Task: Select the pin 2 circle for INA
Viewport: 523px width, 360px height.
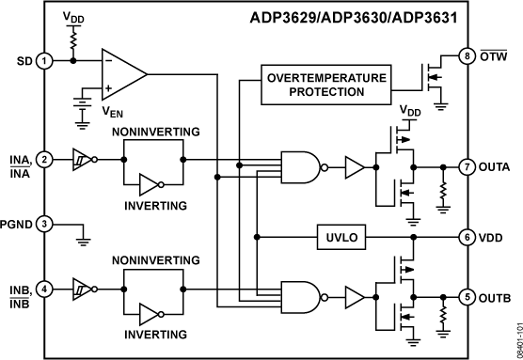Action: [x=44, y=161]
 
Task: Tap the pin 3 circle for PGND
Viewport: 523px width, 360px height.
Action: [x=44, y=225]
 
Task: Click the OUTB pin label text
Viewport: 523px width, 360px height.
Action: [x=497, y=299]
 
